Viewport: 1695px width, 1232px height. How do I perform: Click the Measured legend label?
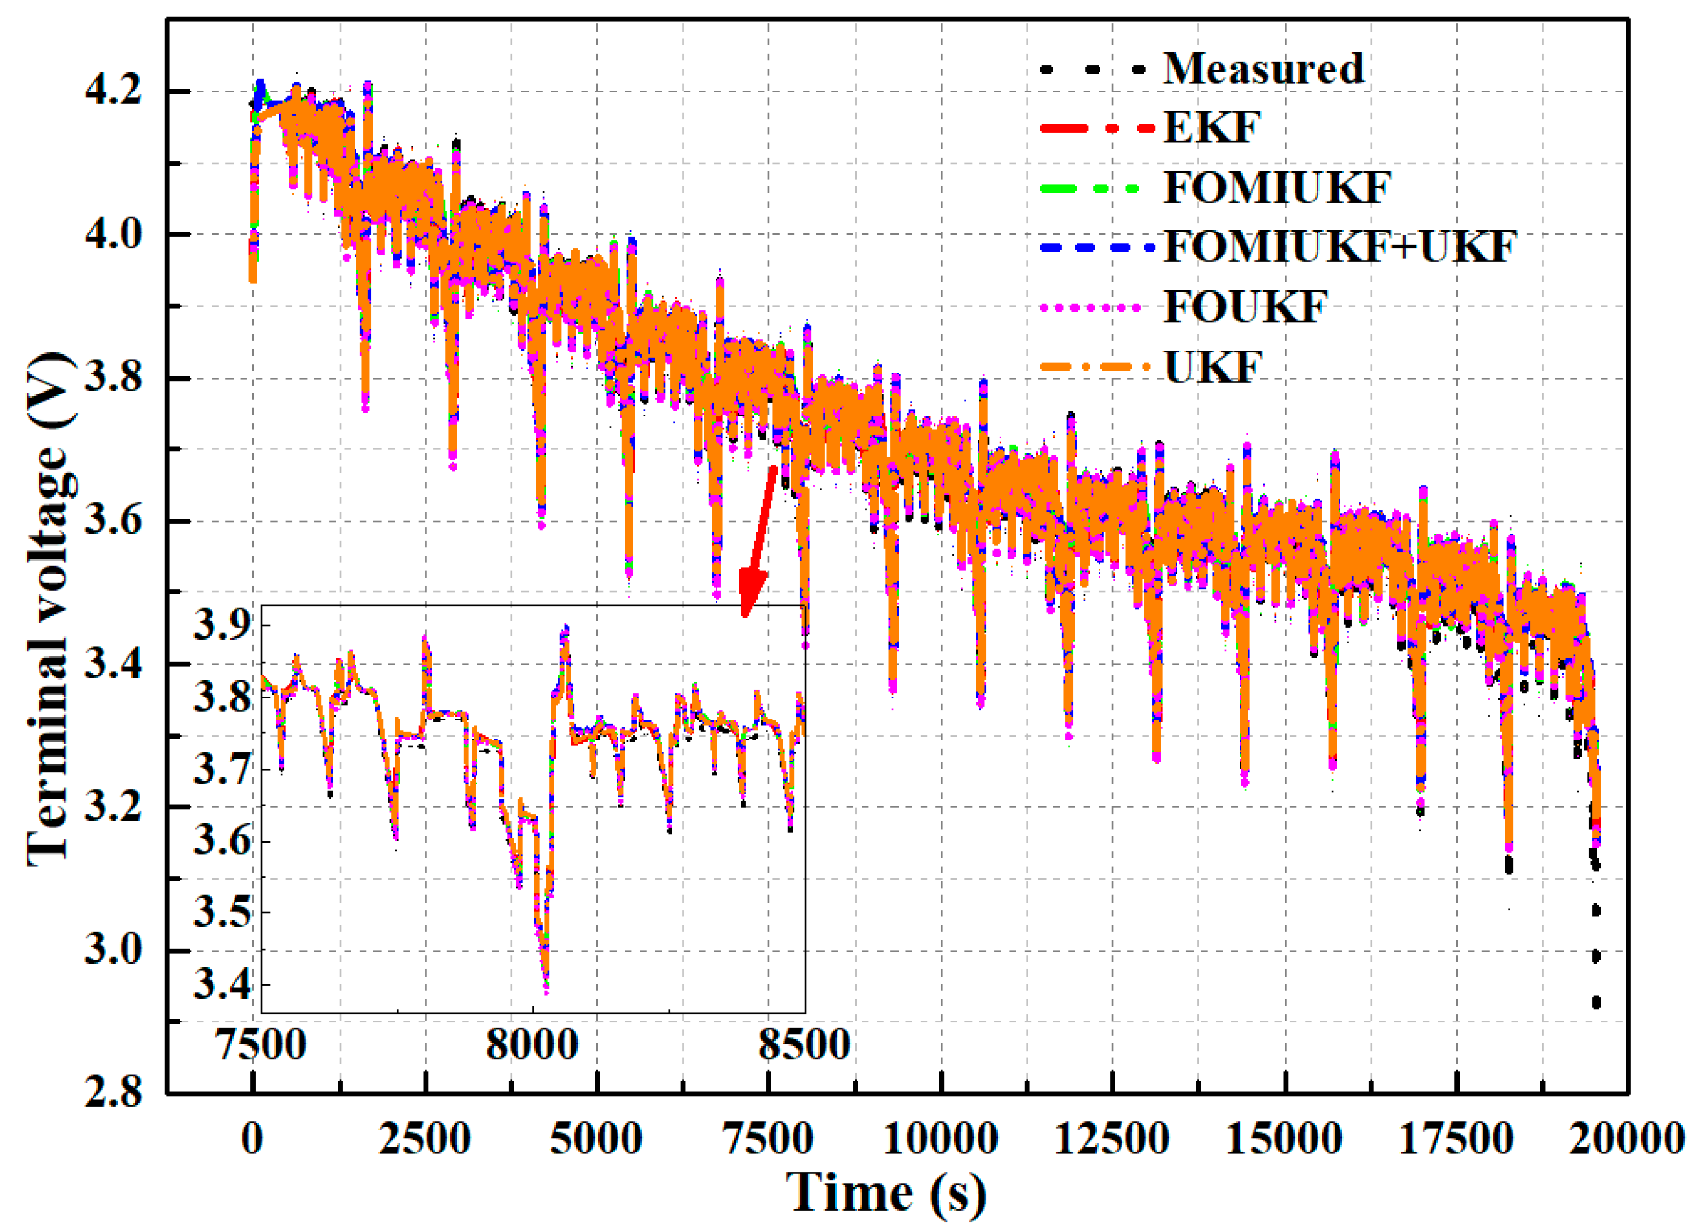[1263, 69]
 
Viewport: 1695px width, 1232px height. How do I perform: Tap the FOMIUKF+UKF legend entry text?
[1339, 246]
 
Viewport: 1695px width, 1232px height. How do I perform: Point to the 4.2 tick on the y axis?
[112, 91]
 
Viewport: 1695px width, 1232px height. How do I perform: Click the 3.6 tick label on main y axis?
[112, 521]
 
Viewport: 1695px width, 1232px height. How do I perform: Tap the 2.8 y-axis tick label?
[112, 1093]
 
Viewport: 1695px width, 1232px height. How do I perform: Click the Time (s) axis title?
[886, 1193]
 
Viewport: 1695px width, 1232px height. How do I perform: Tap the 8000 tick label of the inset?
[532, 1044]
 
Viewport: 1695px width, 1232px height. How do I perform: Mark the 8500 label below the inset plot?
[804, 1044]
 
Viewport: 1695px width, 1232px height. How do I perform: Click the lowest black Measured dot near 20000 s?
[1595, 1002]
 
